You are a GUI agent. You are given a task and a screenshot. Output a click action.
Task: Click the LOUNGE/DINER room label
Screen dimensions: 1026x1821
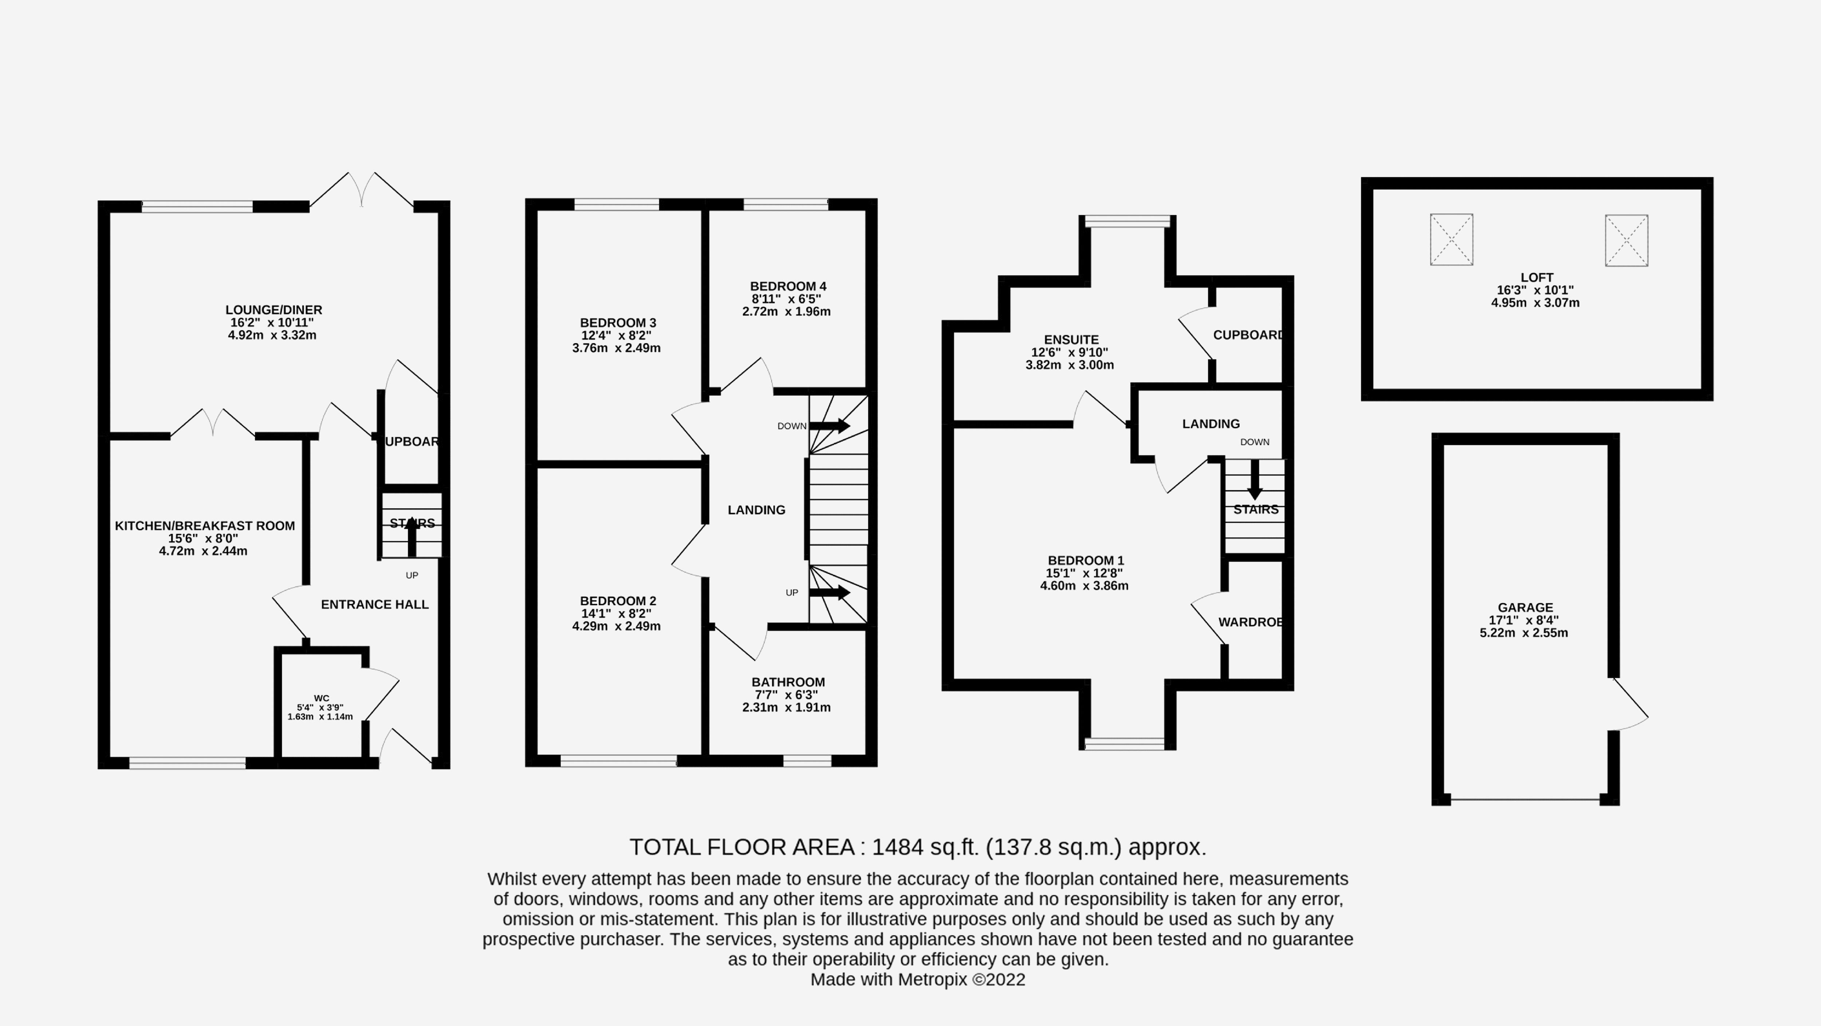(x=274, y=310)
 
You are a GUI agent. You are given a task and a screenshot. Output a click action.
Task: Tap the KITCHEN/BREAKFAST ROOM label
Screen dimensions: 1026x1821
(x=204, y=525)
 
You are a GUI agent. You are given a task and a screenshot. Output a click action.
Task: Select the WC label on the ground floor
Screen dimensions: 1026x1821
(x=321, y=698)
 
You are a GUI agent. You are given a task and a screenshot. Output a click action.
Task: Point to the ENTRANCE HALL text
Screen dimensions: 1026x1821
(x=375, y=604)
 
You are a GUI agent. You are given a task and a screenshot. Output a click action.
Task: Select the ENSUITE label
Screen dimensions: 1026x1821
(x=1071, y=340)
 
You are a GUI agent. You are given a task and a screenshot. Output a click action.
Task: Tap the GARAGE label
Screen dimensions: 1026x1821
(x=1525, y=607)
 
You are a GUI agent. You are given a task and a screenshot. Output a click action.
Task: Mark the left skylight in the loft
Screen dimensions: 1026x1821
(x=1451, y=240)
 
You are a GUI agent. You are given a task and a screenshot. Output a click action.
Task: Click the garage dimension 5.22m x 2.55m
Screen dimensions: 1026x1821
(x=1523, y=633)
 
